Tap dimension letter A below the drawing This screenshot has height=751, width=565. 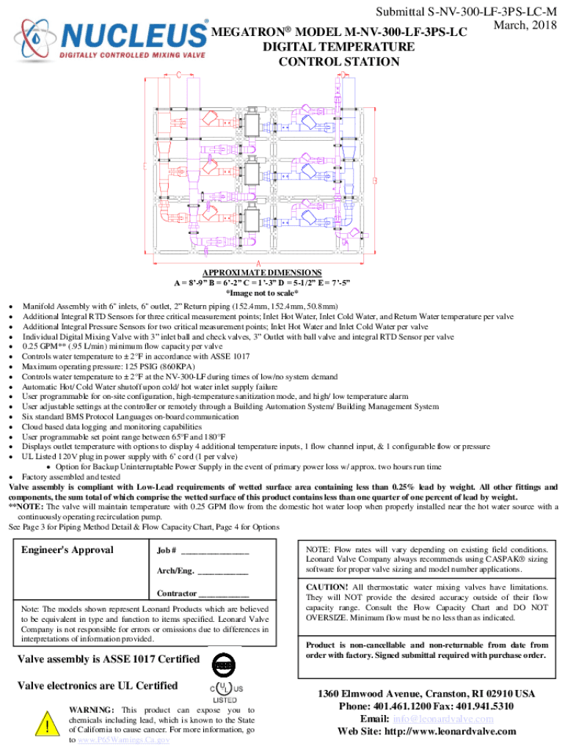click(259, 265)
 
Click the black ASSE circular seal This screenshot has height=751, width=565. click(224, 664)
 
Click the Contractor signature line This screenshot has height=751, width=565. click(224, 593)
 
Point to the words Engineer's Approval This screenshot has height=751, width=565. click(68, 550)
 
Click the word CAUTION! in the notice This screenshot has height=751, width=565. click(328, 587)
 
